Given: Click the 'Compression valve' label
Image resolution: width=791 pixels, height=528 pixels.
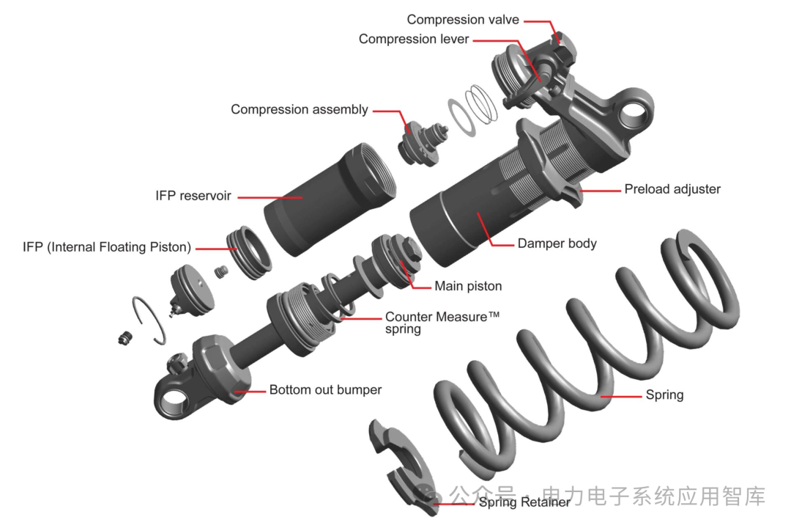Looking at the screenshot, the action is click(x=463, y=20).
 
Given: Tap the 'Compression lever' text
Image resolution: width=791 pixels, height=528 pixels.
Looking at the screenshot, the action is click(x=414, y=39).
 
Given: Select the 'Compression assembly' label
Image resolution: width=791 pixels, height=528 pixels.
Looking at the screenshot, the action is click(x=299, y=110).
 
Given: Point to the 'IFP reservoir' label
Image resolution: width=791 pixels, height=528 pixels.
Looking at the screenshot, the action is click(x=193, y=196).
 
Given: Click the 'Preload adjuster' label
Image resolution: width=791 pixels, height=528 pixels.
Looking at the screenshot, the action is click(x=672, y=189).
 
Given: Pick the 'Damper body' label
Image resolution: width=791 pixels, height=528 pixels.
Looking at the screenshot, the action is click(x=557, y=243).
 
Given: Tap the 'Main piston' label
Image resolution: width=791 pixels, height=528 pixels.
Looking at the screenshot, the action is click(x=468, y=286).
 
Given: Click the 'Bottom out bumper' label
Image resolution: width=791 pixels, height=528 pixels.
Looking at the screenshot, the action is click(x=325, y=389).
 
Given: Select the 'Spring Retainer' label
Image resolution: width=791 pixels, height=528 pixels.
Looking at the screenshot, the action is click(x=524, y=502).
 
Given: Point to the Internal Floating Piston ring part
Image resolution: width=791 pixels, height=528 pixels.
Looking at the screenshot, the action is click(x=249, y=252).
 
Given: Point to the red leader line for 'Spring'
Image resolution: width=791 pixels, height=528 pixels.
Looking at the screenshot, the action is click(x=621, y=396).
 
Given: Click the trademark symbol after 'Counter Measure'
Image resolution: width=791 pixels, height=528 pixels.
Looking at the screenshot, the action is click(x=494, y=315).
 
